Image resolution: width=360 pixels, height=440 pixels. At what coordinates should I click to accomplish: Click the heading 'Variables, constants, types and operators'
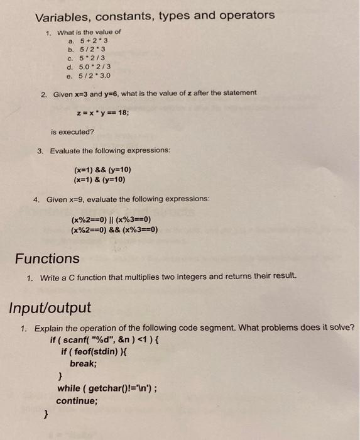coord(155,15)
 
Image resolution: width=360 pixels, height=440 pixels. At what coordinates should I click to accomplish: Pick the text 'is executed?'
coord(72,132)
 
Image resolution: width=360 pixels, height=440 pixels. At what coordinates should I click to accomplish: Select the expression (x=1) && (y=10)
coord(102,170)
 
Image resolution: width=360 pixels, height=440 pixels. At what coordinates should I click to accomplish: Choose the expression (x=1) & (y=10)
coord(99,179)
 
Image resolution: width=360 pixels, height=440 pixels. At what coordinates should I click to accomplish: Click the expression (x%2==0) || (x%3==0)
coord(111,219)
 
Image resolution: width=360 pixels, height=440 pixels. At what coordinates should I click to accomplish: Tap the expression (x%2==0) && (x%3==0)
coord(114,229)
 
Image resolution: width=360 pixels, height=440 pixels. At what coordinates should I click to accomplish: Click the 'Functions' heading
coord(47,258)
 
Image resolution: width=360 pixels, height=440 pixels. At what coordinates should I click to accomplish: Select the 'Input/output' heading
coord(50,308)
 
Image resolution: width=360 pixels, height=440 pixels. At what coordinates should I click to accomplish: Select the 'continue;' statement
coord(77,400)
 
